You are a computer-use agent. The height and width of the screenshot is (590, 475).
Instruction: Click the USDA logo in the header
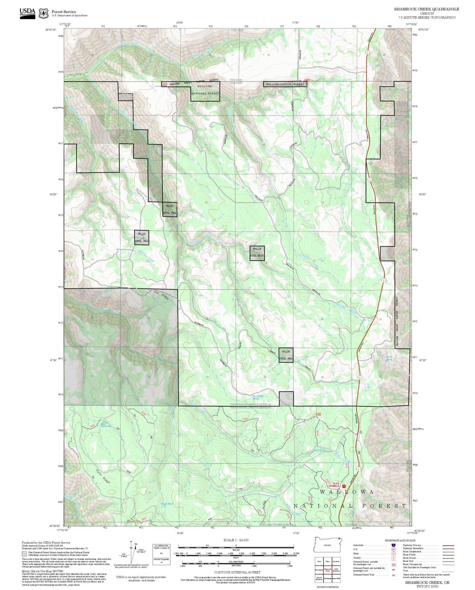click(27, 13)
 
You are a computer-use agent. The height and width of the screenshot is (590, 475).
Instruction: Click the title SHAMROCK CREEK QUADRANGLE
click(426, 9)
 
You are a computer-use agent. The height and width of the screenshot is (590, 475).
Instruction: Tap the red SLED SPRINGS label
click(334, 485)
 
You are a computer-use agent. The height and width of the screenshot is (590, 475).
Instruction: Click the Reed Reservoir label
click(106, 425)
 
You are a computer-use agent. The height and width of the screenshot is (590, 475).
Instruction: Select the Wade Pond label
click(167, 504)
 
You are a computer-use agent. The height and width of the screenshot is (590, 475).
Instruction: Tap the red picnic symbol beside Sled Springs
click(344, 486)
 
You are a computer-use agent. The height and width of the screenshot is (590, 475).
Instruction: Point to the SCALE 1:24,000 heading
click(236, 540)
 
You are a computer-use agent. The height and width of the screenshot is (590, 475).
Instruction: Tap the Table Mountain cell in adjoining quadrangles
click(336, 570)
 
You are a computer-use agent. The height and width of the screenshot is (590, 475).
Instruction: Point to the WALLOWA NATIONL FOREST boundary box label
click(285, 85)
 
